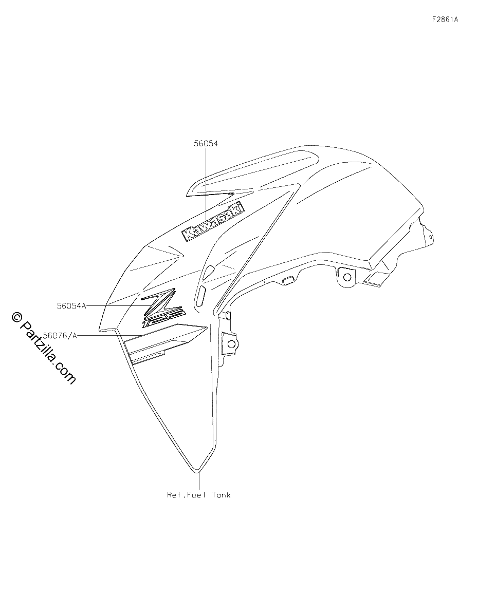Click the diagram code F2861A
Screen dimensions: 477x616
tap(445, 20)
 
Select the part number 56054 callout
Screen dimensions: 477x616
tap(206, 144)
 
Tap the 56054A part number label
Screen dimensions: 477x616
tap(71, 306)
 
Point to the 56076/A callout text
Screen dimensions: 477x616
tap(61, 336)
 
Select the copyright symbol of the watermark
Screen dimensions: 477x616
tap(17, 317)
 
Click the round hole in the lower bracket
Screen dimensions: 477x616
tap(231, 344)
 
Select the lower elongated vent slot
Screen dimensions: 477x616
tap(200, 296)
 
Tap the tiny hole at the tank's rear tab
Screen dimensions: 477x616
tap(430, 236)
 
